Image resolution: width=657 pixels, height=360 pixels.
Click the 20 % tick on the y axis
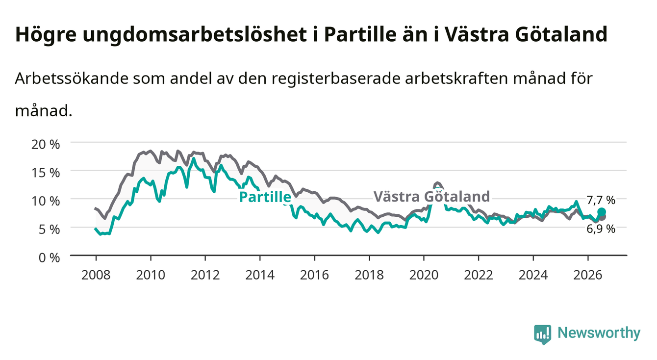pyautogui.click(x=46, y=145)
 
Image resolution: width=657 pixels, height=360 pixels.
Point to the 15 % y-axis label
pyautogui.click(x=46, y=173)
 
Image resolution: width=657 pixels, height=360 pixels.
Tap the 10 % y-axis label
pyautogui.click(x=46, y=201)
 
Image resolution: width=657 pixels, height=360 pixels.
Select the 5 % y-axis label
pyautogui.click(x=49, y=230)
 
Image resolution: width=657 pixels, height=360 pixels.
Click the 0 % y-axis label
pyautogui.click(x=49, y=258)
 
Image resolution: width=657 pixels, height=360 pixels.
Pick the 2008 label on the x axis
pyautogui.click(x=96, y=275)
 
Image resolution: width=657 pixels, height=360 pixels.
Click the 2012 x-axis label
pyautogui.click(x=205, y=275)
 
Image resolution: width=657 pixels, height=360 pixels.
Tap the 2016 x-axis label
pyautogui.click(x=314, y=275)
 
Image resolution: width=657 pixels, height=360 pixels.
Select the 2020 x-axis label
pyautogui.click(x=424, y=275)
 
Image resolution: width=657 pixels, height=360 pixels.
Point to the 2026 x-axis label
pyautogui.click(x=588, y=275)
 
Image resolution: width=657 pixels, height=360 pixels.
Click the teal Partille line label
pyautogui.click(x=265, y=197)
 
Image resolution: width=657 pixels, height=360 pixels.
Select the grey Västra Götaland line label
pyautogui.click(x=432, y=196)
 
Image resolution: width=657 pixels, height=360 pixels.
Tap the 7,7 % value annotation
pyautogui.click(x=601, y=201)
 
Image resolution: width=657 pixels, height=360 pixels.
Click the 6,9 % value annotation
pyautogui.click(x=601, y=229)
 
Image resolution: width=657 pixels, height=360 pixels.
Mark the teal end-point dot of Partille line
pyautogui.click(x=602, y=212)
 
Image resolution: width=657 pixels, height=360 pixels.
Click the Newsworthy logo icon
pyautogui.click(x=543, y=334)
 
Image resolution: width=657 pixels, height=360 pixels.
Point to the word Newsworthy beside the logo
pyautogui.click(x=599, y=333)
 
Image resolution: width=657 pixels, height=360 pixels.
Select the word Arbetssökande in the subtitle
pyautogui.click(x=72, y=78)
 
